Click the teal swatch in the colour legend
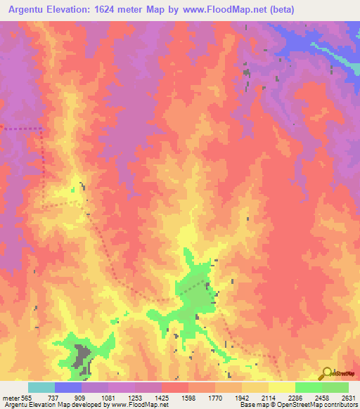[x=41, y=387]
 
